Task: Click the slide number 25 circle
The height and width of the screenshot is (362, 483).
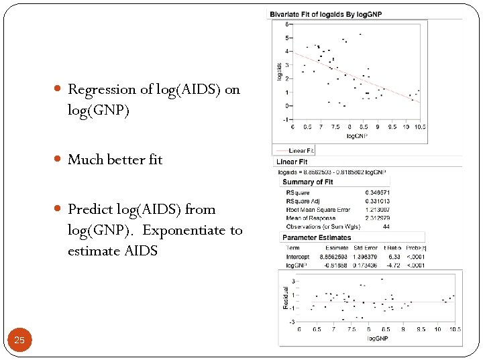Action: tap(19, 341)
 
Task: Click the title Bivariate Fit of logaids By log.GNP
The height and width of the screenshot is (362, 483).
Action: tap(325, 14)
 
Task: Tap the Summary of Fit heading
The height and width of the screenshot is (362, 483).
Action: tap(308, 182)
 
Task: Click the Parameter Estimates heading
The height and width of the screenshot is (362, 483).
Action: tap(316, 237)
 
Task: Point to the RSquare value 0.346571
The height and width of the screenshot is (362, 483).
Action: tap(377, 192)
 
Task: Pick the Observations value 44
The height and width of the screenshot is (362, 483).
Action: tap(385, 226)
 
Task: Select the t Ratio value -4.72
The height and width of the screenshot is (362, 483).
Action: tap(394, 265)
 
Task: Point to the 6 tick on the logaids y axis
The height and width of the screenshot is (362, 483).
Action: tap(287, 25)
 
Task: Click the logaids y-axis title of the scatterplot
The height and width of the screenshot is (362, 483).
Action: tap(279, 72)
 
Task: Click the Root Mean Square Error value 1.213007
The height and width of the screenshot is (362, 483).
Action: tap(376, 209)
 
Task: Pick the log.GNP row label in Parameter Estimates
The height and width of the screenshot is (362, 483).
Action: tap(297, 265)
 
